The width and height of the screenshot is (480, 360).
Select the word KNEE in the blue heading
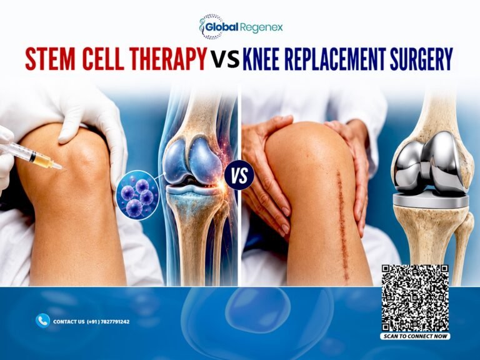point(261,58)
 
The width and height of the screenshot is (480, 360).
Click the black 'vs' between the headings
point(225,60)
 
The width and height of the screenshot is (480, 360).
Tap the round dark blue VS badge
point(239,176)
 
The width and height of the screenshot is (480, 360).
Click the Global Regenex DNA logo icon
point(210,27)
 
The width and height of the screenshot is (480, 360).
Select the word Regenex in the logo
point(261,28)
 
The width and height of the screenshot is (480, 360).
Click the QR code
point(415,298)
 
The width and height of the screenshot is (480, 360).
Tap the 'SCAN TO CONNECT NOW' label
point(415,336)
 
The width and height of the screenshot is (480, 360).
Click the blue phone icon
point(43,321)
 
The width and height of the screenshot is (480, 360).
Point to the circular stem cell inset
point(137,195)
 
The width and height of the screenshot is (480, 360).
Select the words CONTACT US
point(69,322)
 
